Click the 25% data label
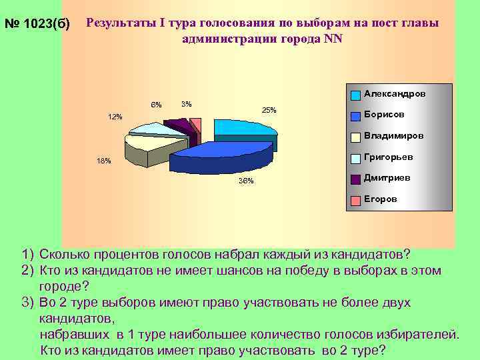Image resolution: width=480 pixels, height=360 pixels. pos(269,110)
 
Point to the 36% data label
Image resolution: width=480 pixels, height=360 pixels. pos(245,182)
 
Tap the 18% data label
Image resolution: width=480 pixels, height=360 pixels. pos(104,161)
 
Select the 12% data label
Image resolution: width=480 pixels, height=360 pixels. pos(115,117)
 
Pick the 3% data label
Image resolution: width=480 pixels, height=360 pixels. pos(187,103)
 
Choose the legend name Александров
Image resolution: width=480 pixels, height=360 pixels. pos(395,94)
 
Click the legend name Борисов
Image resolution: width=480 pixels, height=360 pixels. pos(384,114)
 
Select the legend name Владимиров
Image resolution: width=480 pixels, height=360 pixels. pos(393,135)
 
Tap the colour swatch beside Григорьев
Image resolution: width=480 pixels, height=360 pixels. pos(356,158)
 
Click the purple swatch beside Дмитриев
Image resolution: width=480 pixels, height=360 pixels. pos(356,179)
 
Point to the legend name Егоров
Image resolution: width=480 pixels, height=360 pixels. pos(380,199)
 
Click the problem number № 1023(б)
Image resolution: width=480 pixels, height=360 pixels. pos(37,25)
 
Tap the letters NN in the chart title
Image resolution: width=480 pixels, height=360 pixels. pos(333,38)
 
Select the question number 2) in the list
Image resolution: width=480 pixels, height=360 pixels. pos(27,269)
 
